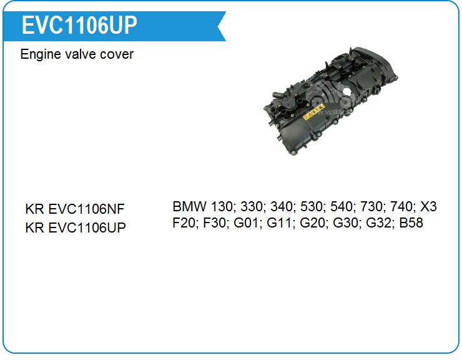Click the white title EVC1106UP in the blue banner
click(x=79, y=25)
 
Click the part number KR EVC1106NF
click(x=75, y=209)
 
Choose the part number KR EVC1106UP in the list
click(x=76, y=227)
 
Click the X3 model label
click(x=428, y=206)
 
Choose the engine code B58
click(x=411, y=222)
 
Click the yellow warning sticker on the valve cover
click(x=313, y=112)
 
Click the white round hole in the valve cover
click(x=346, y=92)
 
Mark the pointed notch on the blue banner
click(x=218, y=26)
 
